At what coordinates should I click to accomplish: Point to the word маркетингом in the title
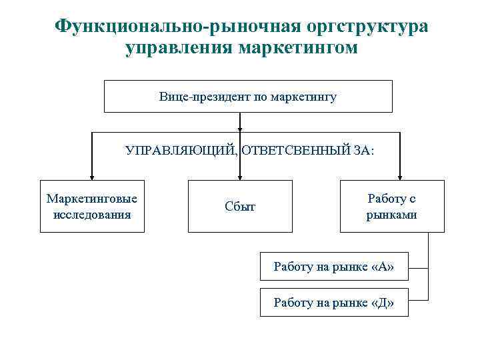point(298,49)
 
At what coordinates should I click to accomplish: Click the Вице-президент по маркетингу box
point(248,97)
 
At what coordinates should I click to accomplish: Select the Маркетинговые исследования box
point(92,206)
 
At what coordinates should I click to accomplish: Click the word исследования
point(92,215)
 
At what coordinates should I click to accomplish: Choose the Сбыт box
point(240,207)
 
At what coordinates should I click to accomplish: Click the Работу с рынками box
point(392,206)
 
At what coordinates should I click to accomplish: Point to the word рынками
point(392,215)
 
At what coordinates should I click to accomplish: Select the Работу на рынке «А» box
point(333,268)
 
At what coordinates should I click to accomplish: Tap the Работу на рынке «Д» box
point(333,303)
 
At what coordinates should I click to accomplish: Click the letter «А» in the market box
point(383,268)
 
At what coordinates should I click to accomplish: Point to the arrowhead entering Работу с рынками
point(400,175)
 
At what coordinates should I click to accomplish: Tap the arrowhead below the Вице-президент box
point(240,139)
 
